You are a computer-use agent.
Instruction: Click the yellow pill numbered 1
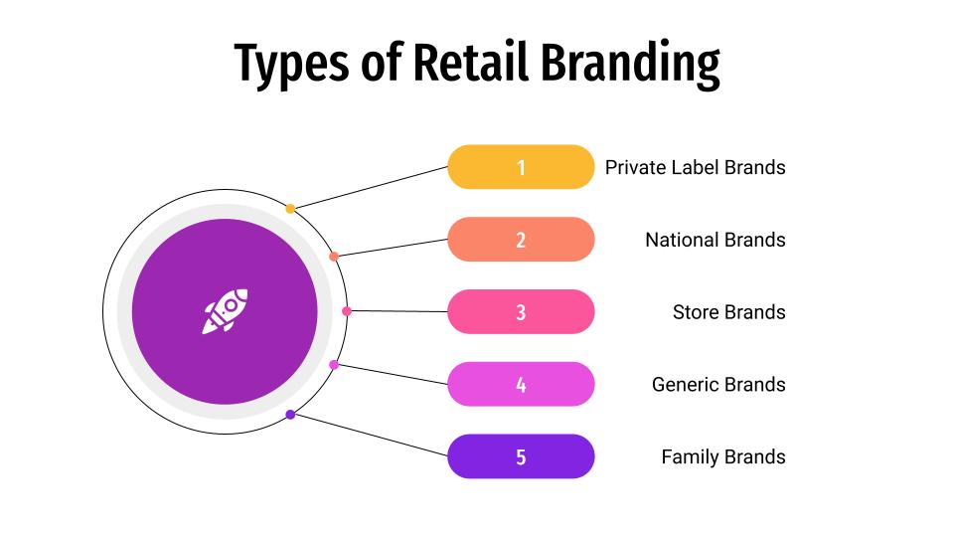click(521, 167)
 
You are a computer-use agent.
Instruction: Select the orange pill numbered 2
click(521, 240)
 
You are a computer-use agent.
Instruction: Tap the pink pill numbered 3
click(521, 312)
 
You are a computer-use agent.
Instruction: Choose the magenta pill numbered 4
click(521, 385)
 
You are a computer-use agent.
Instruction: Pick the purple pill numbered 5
click(521, 457)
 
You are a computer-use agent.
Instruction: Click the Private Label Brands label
click(695, 167)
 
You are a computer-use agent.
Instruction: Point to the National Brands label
click(715, 240)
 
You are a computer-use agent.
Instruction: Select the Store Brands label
click(728, 312)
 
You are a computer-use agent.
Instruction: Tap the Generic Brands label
click(718, 385)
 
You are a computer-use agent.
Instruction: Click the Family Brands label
click(722, 457)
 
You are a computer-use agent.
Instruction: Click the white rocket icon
click(225, 311)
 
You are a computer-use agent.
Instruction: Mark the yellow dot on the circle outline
click(290, 209)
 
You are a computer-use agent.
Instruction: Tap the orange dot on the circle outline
click(334, 257)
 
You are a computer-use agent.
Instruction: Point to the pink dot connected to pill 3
click(347, 311)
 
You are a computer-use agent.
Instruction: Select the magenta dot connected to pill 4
click(334, 365)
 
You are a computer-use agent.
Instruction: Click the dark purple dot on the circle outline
click(290, 415)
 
